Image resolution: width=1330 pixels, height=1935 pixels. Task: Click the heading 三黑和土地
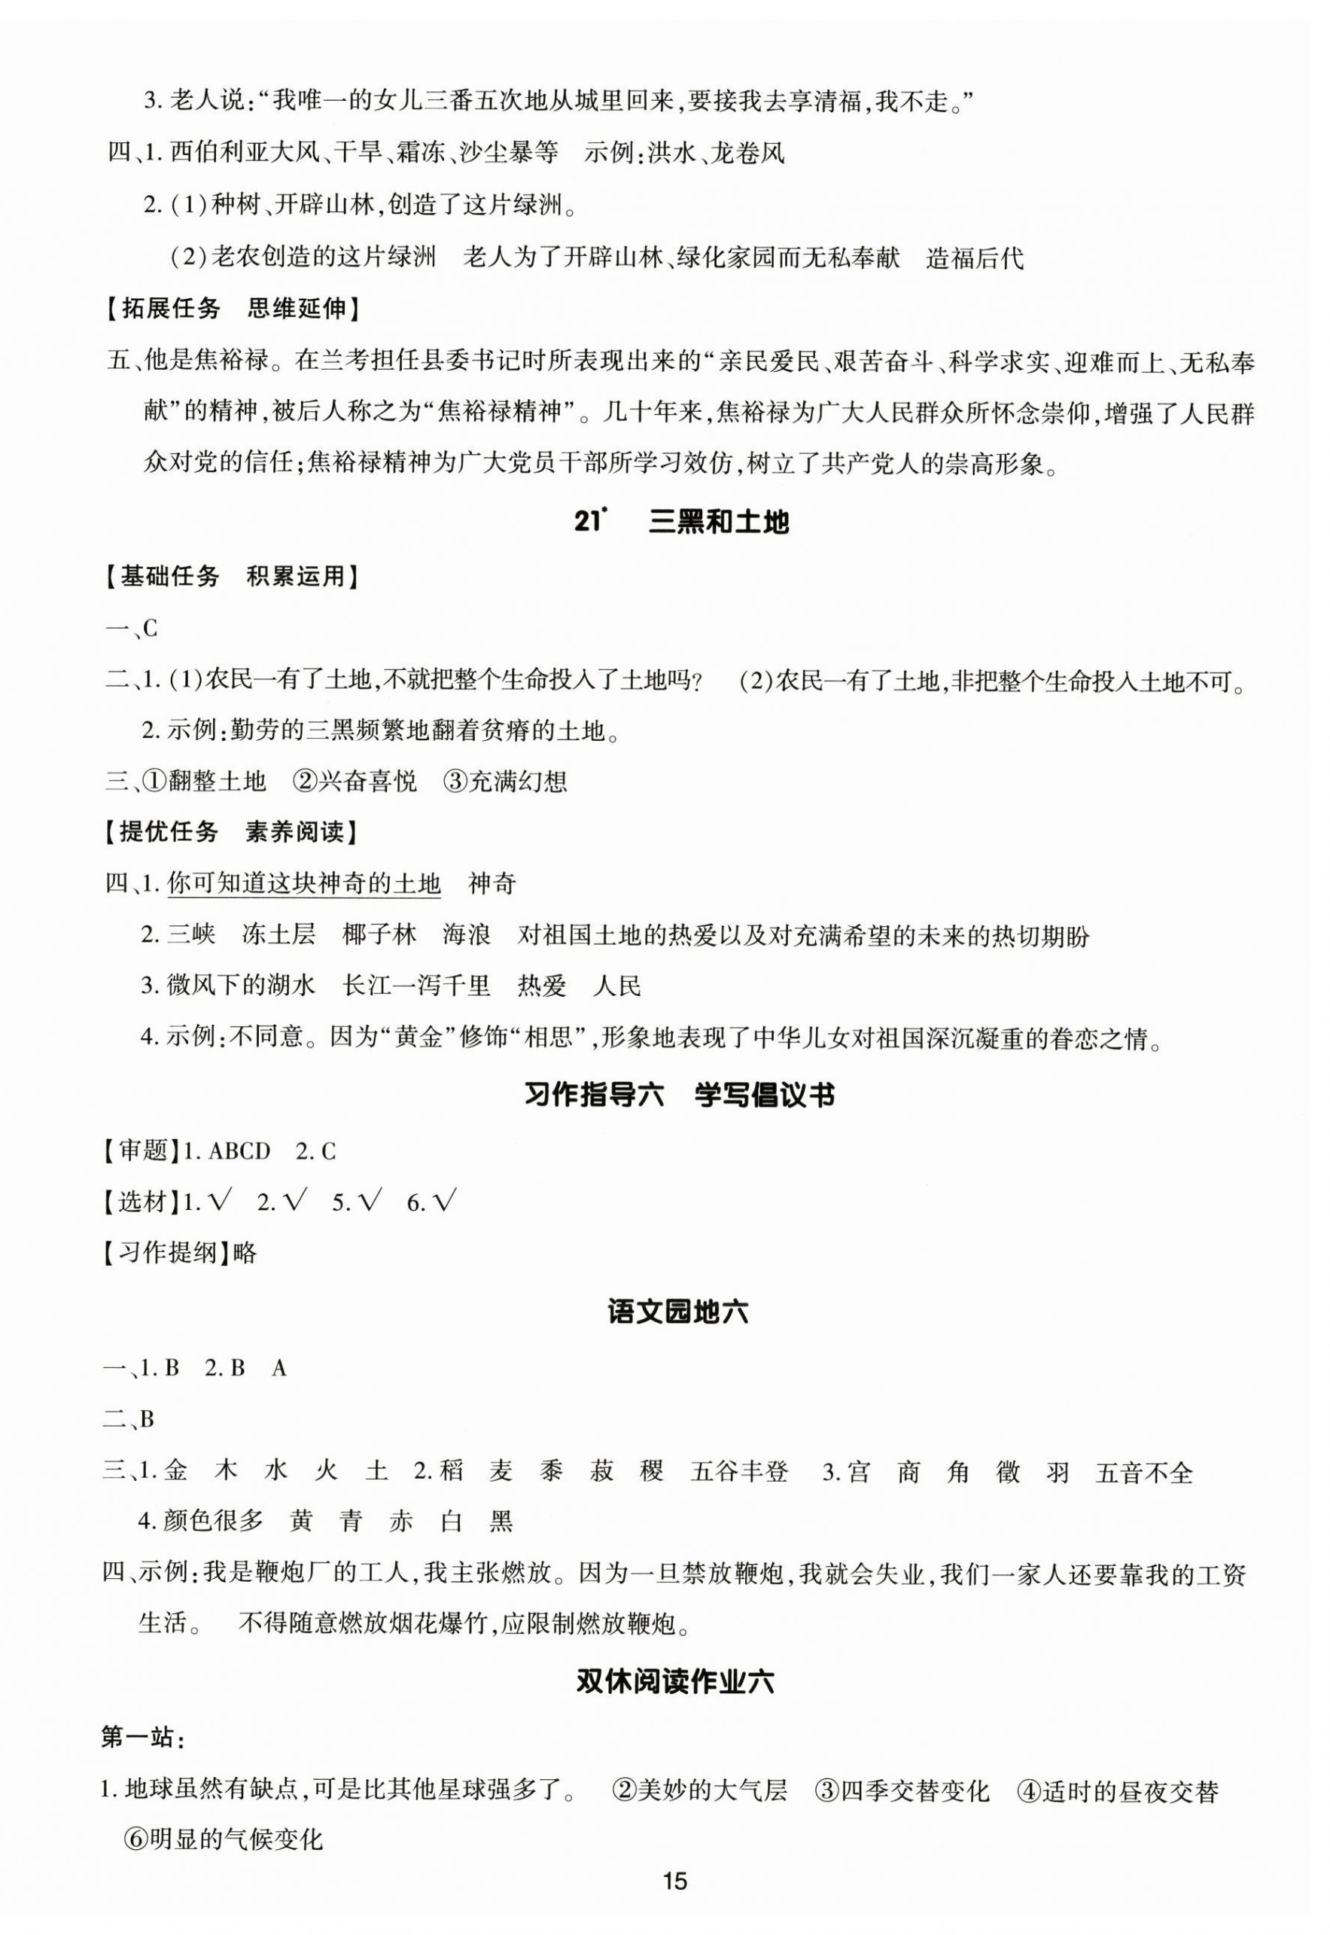coord(717,523)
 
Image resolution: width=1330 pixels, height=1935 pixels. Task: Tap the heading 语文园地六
coord(679,1312)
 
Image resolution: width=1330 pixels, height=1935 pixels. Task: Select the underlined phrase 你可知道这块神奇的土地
coord(304,883)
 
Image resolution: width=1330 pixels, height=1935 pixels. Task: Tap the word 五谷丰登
coord(739,1473)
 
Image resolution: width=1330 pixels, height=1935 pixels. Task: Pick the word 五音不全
coord(1144,1473)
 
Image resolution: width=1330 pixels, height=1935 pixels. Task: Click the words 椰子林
coord(379,935)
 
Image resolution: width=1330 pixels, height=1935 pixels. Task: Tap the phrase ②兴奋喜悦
coord(355,781)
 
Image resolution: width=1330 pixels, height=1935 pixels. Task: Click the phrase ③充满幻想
coord(505,781)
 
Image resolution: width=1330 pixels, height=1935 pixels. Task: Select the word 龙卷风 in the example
coord(747,154)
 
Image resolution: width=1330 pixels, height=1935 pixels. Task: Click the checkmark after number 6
coord(445,1202)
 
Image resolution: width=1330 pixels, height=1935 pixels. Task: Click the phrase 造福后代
coord(974,258)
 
